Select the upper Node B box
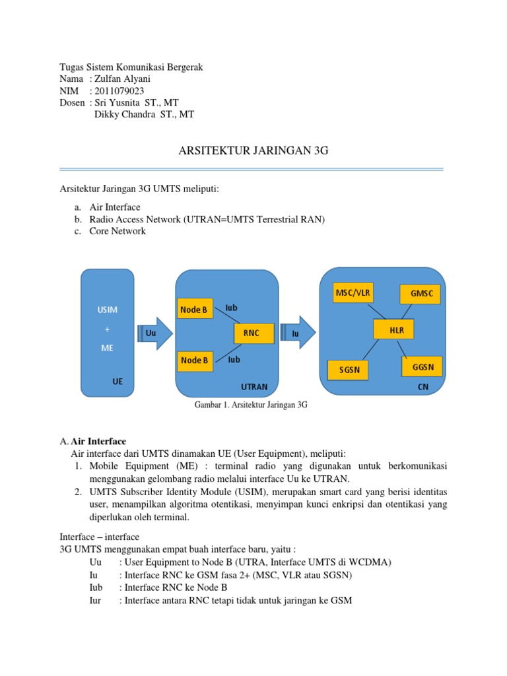pyautogui.click(x=194, y=309)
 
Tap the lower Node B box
pyautogui.click(x=194, y=360)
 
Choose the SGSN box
pyautogui.click(x=349, y=370)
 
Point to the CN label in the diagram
pyautogui.click(x=423, y=387)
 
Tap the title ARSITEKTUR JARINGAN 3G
pyautogui.click(x=253, y=151)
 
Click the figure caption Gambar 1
pyautogui.click(x=251, y=405)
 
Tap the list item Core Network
pyautogui.click(x=118, y=231)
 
